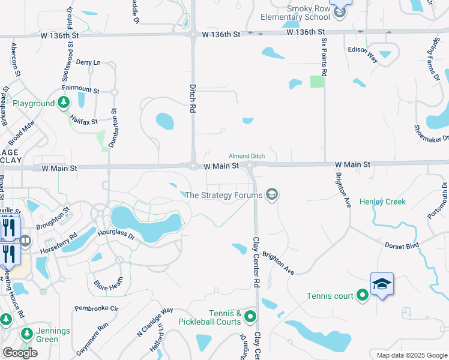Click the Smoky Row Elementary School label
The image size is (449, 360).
pyautogui.click(x=309, y=14)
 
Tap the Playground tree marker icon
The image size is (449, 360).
pyautogui.click(x=63, y=103)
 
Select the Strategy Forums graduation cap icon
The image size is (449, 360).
pyautogui.click(x=271, y=194)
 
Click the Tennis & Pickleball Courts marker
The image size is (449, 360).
pyautogui.click(x=250, y=317)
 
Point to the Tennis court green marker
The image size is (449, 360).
pyautogui.click(x=363, y=295)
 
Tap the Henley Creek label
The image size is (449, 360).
pyautogui.click(x=383, y=202)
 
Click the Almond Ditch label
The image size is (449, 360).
pyautogui.click(x=247, y=156)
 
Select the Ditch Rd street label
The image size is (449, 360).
pyautogui.click(x=193, y=99)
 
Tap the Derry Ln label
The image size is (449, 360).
pyautogui.click(x=88, y=62)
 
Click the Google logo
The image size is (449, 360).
pyautogui.click(x=20, y=353)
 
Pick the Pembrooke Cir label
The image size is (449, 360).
pyautogui.click(x=97, y=308)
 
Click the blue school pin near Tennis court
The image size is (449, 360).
pyautogui.click(x=382, y=284)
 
